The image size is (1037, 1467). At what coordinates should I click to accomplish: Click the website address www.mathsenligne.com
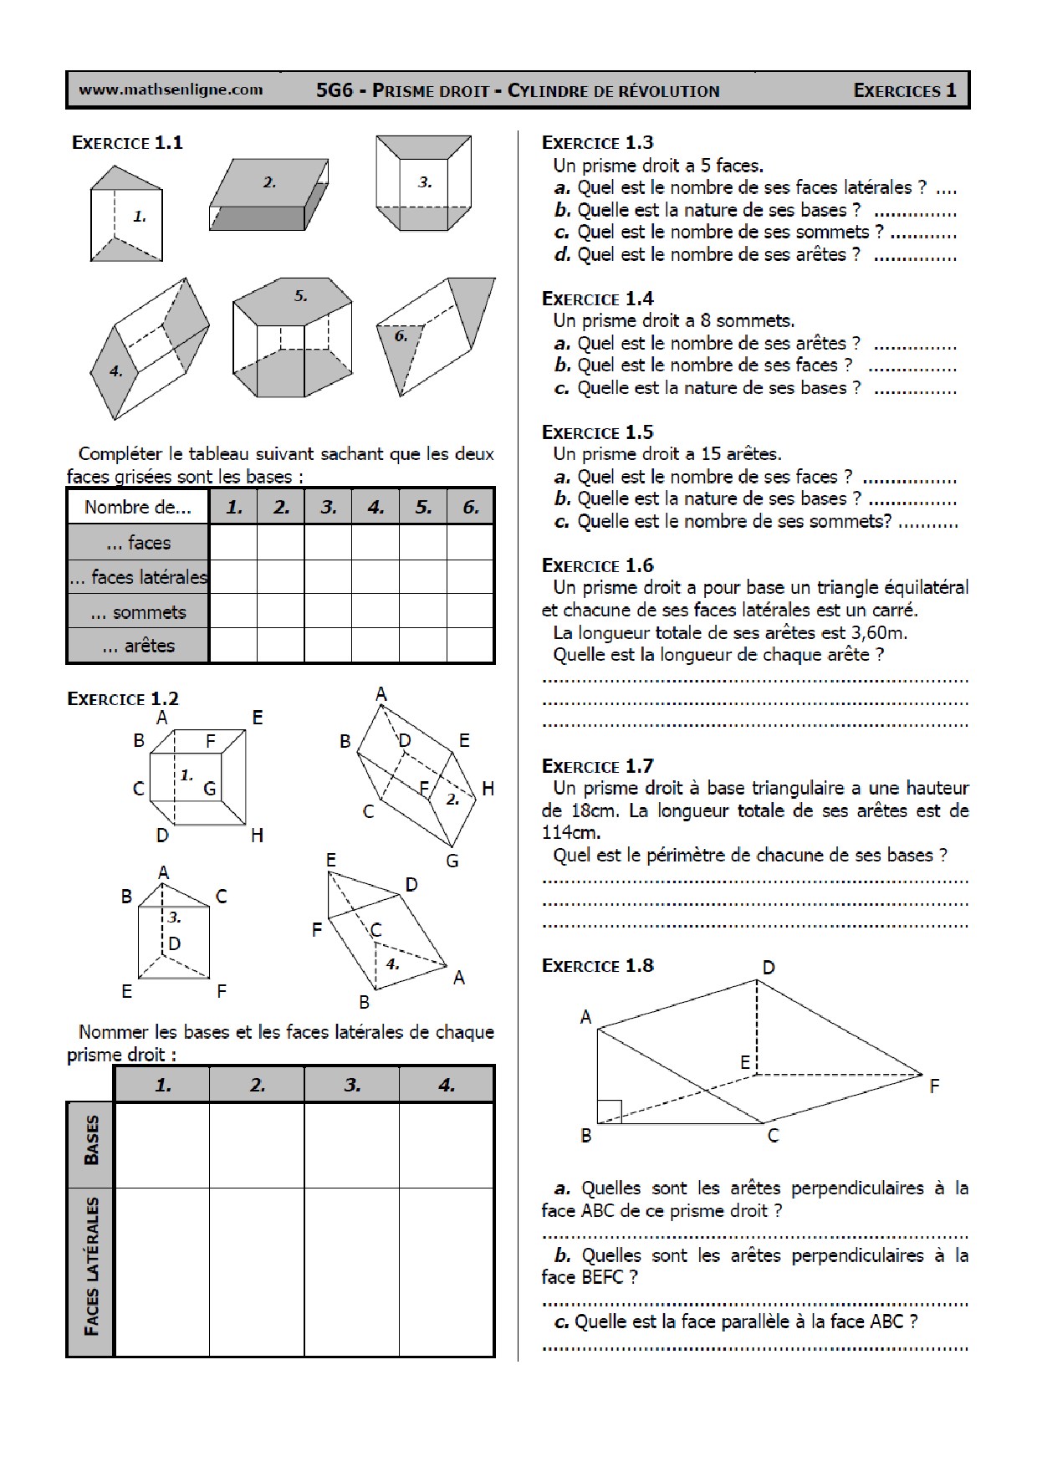pyautogui.click(x=171, y=89)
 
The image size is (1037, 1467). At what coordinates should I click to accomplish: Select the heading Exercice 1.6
pyautogui.click(x=597, y=565)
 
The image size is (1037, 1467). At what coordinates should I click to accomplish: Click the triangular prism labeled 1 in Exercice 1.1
pyautogui.click(x=126, y=215)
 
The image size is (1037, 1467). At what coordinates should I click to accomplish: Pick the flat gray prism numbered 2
pyautogui.click(x=268, y=194)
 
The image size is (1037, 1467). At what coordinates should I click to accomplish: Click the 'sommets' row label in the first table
pyautogui.click(x=138, y=612)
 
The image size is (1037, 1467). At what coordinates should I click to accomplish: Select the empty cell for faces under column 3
pyautogui.click(x=328, y=543)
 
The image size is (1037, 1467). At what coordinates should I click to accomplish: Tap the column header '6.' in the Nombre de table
pyautogui.click(x=471, y=507)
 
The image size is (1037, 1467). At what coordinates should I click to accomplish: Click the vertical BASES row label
pyautogui.click(x=91, y=1140)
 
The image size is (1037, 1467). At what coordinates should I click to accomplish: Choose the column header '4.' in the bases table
pyautogui.click(x=447, y=1085)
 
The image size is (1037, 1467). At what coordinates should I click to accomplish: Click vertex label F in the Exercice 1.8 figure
pyautogui.click(x=934, y=1086)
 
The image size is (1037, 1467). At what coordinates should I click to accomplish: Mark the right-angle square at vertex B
pyautogui.click(x=610, y=1111)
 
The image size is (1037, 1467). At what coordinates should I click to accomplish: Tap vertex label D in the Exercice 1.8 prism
pyautogui.click(x=768, y=968)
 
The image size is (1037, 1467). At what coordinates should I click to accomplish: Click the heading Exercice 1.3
pyautogui.click(x=597, y=142)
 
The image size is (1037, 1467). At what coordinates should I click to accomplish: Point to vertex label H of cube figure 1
pyautogui.click(x=257, y=835)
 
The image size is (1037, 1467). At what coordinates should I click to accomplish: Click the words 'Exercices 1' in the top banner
pyautogui.click(x=904, y=90)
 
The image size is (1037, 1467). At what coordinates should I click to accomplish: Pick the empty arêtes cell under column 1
pyautogui.click(x=233, y=646)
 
